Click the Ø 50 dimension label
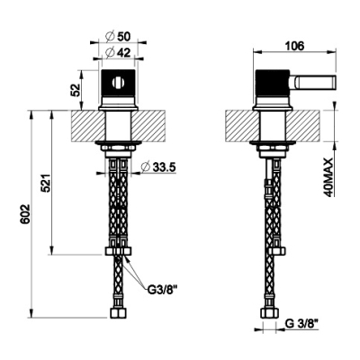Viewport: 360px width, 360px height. (x=118, y=37)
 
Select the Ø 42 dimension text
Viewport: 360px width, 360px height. (x=118, y=53)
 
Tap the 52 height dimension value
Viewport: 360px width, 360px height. (x=76, y=90)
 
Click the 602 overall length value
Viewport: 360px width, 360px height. (x=25, y=214)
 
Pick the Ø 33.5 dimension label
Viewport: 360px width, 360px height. (x=157, y=166)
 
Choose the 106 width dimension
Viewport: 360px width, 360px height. (x=294, y=46)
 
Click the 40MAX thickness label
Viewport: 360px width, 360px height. (x=329, y=177)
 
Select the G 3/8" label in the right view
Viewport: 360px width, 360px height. (x=301, y=324)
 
